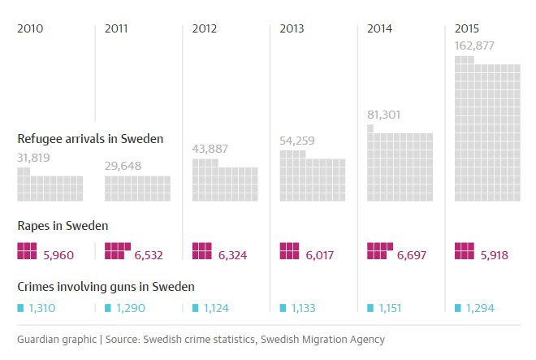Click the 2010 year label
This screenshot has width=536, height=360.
pyautogui.click(x=30, y=29)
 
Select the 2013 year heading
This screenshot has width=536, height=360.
pyautogui.click(x=292, y=29)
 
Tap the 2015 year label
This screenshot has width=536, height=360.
pyautogui.click(x=468, y=29)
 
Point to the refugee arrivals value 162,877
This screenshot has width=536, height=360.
pyautogui.click(x=476, y=46)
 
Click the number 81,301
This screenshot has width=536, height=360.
pyautogui.click(x=384, y=115)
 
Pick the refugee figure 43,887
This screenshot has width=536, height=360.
pyautogui.click(x=210, y=149)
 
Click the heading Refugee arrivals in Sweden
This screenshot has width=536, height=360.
pyautogui.click(x=90, y=139)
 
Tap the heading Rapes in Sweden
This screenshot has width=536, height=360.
pyautogui.click(x=63, y=226)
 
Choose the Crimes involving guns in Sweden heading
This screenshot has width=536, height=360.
pyautogui.click(x=106, y=286)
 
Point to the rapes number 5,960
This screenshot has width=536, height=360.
pyautogui.click(x=58, y=255)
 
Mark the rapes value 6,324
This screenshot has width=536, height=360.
pyautogui.click(x=232, y=255)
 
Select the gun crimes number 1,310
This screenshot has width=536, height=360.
pyautogui.click(x=43, y=309)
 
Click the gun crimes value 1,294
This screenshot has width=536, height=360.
pyautogui.click(x=481, y=309)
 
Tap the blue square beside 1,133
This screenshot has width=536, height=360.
pyautogui.click(x=283, y=308)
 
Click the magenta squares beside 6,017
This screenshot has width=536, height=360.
pyautogui.click(x=290, y=251)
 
